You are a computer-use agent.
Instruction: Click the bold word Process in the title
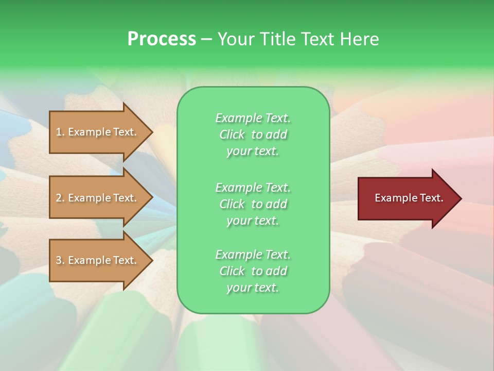pos(162,39)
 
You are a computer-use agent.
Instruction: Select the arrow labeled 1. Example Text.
pos(98,132)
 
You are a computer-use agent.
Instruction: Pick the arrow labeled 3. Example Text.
pos(98,261)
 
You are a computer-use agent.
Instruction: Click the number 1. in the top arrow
pos(60,132)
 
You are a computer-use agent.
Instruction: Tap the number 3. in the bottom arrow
pos(60,261)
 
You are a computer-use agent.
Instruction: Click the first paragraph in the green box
pos(253,134)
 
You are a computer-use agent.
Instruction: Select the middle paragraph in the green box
pos(253,204)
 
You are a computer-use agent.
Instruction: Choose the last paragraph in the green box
pos(253,271)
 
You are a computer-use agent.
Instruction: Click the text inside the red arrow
pos(409,198)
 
